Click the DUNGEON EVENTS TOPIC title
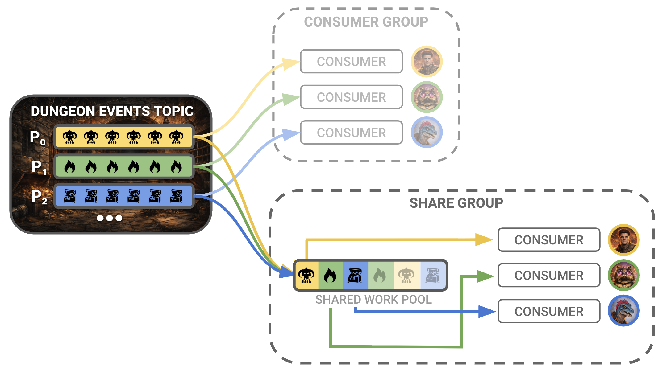click(x=112, y=111)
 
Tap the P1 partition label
click(x=39, y=167)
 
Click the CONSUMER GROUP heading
click(x=366, y=22)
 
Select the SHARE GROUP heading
click(x=456, y=203)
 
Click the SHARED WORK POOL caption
click(x=373, y=300)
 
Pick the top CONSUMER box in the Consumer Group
click(x=351, y=61)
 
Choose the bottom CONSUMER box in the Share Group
click(x=549, y=311)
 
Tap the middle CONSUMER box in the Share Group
click(x=549, y=275)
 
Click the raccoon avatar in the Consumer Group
click(x=427, y=97)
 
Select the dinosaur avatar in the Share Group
click(x=623, y=311)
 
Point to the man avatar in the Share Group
click(x=623, y=240)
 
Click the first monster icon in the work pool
click(x=306, y=275)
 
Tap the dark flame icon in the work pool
click(x=330, y=275)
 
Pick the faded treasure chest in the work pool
click(x=433, y=275)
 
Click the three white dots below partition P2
click(x=110, y=218)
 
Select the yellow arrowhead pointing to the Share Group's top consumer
click(x=483, y=240)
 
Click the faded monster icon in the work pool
click(x=406, y=275)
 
